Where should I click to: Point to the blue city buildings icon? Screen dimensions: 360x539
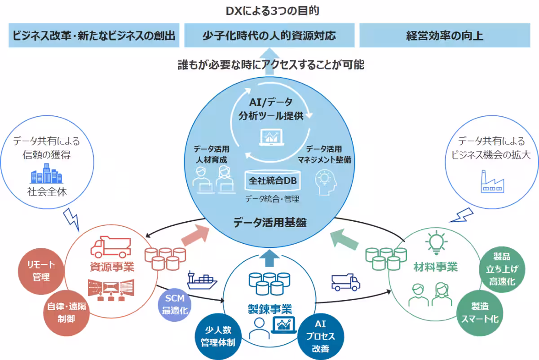tap(46, 173)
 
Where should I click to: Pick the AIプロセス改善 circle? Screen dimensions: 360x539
tap(320, 337)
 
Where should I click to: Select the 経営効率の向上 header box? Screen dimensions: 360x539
tap(445, 36)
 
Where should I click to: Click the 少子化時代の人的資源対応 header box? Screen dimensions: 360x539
tap(269, 36)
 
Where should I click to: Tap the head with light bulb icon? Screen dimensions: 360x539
tap(326, 182)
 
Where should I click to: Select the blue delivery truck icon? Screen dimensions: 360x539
tap(345, 281)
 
